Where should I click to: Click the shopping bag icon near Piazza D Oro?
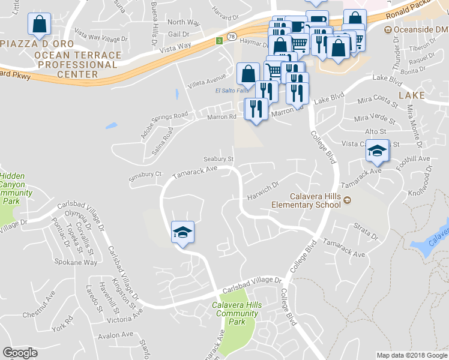click(x=39, y=25)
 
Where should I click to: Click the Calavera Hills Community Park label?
click(x=238, y=313)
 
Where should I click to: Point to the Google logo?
click(x=20, y=353)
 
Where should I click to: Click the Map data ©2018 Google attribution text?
click(x=411, y=355)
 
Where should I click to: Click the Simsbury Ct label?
click(x=146, y=175)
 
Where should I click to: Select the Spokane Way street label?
click(x=82, y=263)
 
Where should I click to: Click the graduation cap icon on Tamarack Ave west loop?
click(x=182, y=232)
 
